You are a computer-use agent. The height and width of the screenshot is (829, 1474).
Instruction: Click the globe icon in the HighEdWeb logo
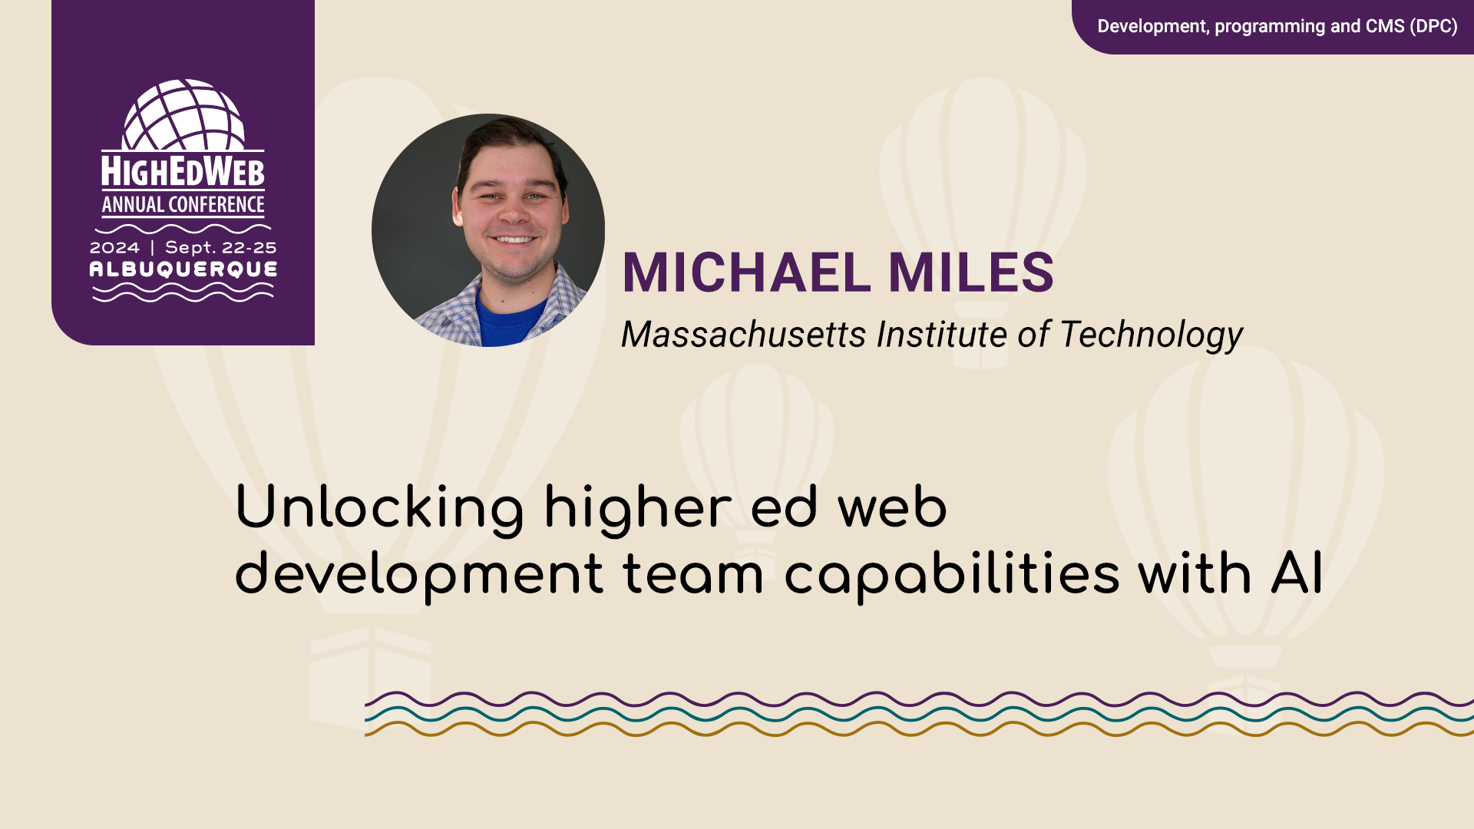183,115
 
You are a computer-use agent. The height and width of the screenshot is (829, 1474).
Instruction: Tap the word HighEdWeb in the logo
183,171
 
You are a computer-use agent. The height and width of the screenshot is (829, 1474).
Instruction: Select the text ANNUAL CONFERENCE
183,205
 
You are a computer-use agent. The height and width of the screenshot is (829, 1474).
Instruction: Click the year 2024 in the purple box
114,248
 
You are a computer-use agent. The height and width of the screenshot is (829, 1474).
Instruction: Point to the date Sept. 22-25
220,248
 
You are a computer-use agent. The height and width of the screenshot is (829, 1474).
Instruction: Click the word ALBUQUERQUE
183,269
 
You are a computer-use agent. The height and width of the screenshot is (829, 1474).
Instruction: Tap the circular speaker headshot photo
488,230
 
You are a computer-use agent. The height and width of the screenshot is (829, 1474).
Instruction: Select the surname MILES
971,272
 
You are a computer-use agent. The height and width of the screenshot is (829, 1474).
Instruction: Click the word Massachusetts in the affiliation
743,335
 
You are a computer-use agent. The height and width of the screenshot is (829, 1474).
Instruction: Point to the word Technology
1151,335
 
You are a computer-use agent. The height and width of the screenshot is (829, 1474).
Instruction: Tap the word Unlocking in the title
379,508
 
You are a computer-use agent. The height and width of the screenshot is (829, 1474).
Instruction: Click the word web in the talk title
892,508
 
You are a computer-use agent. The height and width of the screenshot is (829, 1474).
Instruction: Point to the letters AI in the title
1297,574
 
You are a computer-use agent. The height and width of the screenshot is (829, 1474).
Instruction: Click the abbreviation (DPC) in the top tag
1433,26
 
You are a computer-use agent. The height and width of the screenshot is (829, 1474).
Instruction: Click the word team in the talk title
693,575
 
